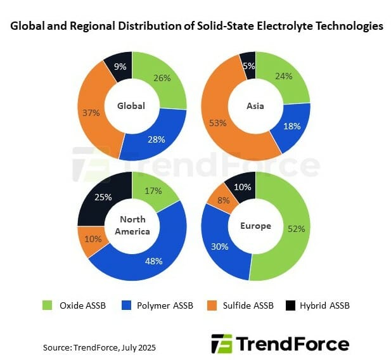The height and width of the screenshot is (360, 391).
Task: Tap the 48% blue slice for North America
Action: pyautogui.click(x=152, y=260)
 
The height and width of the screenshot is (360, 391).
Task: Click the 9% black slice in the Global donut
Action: pyautogui.click(x=120, y=66)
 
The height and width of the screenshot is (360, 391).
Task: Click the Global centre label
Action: pyautogui.click(x=131, y=106)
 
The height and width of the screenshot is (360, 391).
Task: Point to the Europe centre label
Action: pyautogui.click(x=255, y=226)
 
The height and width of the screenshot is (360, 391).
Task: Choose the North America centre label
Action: pyautogui.click(x=132, y=226)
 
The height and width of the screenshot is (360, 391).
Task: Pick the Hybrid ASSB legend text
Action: pyautogui.click(x=324, y=305)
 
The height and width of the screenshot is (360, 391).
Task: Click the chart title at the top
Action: pyautogui.click(x=195, y=27)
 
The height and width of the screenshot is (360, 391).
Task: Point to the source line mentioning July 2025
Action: pyautogui.click(x=99, y=347)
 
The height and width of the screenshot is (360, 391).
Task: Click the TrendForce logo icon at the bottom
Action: pyautogui.click(x=221, y=344)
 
